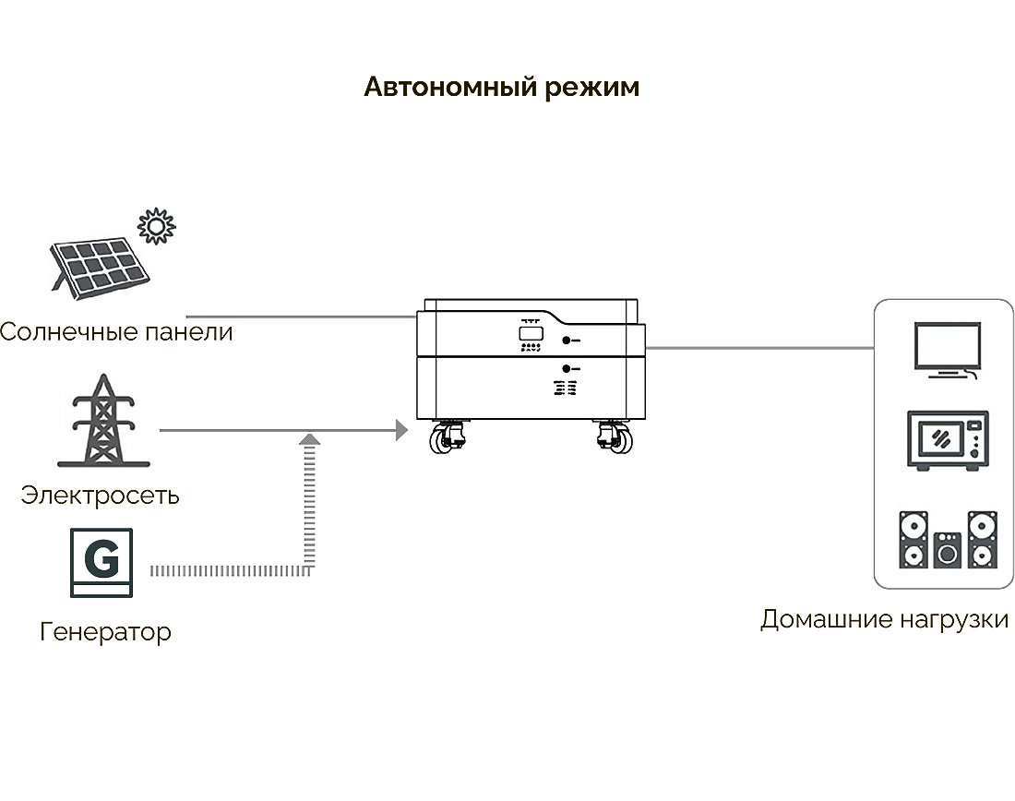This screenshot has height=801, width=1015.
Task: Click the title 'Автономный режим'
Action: (x=501, y=88)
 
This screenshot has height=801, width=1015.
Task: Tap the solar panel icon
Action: (x=101, y=267)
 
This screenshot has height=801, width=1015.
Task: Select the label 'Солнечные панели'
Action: (x=116, y=331)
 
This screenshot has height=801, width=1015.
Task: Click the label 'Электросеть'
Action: (x=100, y=496)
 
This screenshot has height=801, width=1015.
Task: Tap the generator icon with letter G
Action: (x=101, y=562)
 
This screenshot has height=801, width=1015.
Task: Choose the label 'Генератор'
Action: (x=105, y=632)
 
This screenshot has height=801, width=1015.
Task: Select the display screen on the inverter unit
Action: (x=530, y=331)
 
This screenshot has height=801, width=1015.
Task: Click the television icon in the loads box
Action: (x=945, y=349)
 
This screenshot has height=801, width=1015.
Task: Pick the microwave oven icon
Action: (x=948, y=441)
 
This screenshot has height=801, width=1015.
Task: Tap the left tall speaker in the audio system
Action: (x=913, y=540)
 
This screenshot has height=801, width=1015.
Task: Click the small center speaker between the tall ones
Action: (x=948, y=551)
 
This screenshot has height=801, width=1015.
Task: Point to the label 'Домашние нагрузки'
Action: (x=884, y=619)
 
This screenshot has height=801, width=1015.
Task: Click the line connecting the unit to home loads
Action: (x=760, y=349)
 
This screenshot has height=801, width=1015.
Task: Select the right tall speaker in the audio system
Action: (x=982, y=540)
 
